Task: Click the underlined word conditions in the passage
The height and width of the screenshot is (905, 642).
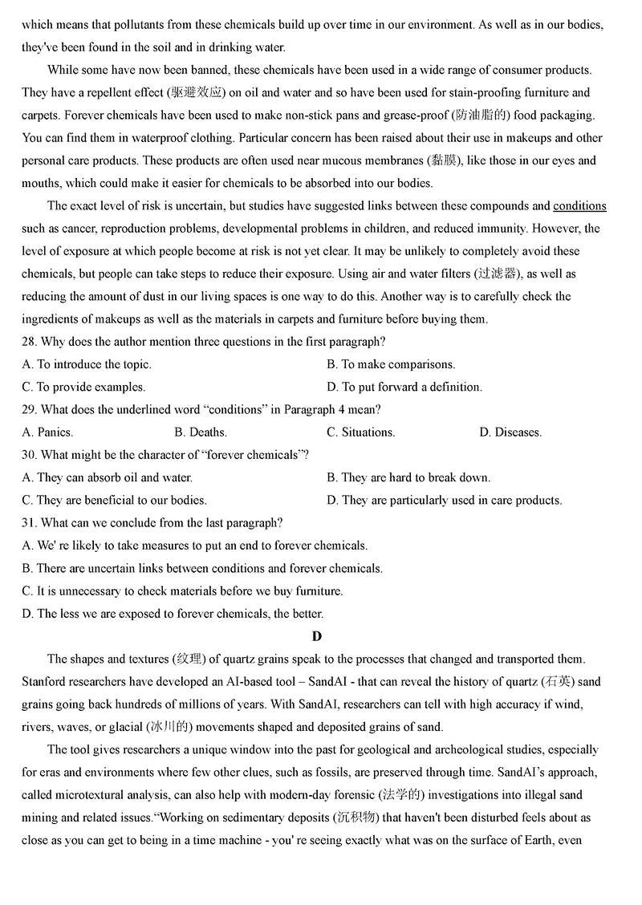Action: (579, 206)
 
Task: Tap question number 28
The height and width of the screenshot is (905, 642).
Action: (30, 342)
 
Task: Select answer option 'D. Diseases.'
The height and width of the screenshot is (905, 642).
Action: (510, 432)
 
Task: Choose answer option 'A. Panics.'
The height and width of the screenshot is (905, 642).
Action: (47, 432)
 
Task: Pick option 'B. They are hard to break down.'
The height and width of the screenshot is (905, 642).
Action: (408, 477)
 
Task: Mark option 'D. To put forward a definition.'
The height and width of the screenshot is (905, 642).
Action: (404, 387)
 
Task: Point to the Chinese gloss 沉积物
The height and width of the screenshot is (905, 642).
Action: (376, 818)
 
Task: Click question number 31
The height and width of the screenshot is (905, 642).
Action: (30, 523)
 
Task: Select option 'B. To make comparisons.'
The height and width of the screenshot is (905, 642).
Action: (391, 364)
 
